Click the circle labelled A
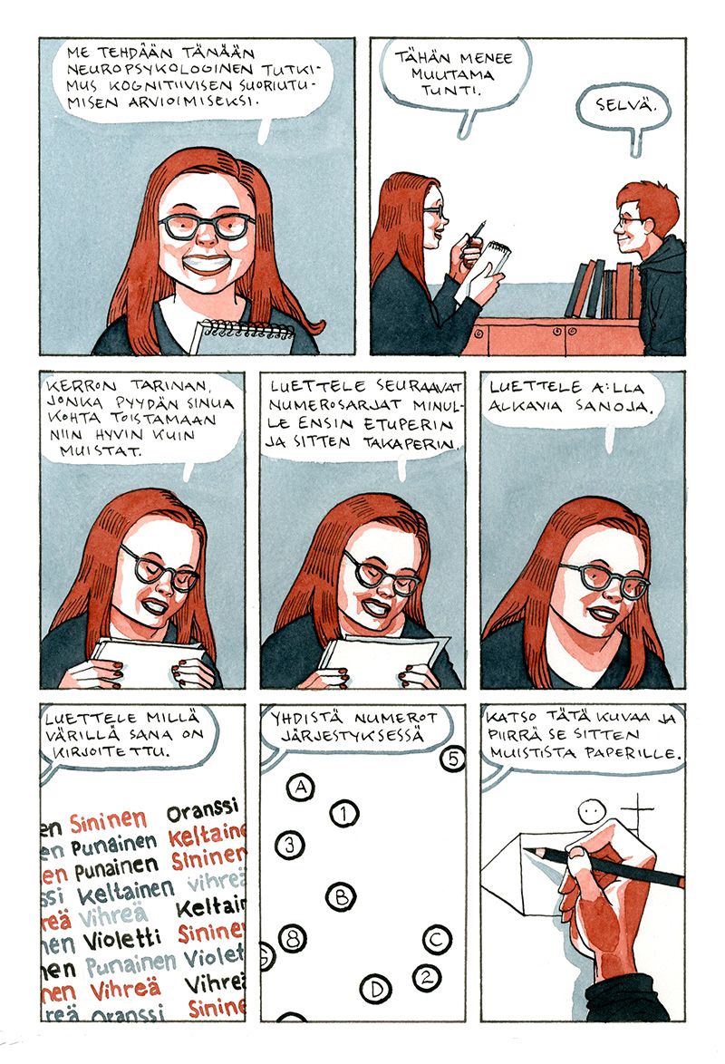click(x=300, y=788)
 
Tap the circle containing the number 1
click(x=344, y=813)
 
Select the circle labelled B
click(x=341, y=897)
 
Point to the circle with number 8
click(x=293, y=938)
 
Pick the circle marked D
click(x=375, y=988)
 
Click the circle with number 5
click(x=453, y=758)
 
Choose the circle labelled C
click(x=437, y=940)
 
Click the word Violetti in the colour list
click(x=123, y=940)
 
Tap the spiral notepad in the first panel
click(x=240, y=338)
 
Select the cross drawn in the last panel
click(x=637, y=814)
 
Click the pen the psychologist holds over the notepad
click(x=479, y=231)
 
